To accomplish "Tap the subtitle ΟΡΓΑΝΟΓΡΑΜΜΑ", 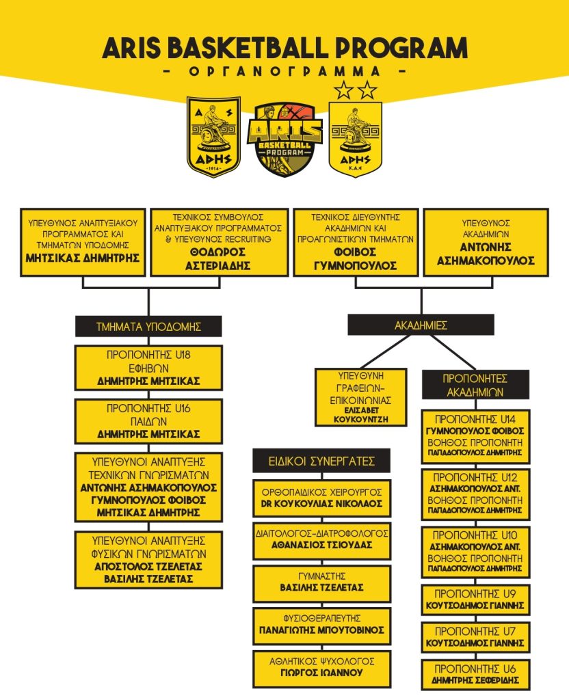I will (x=285, y=71).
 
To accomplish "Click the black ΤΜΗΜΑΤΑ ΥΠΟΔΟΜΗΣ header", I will (x=148, y=326).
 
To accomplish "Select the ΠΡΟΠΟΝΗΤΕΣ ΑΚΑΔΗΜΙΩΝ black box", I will (x=475, y=385).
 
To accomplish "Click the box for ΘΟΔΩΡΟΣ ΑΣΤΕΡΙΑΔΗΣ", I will (x=219, y=242).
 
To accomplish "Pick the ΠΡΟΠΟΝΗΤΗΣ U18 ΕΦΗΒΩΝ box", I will (x=148, y=368).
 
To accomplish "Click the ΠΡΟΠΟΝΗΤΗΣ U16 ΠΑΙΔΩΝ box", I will (x=148, y=421).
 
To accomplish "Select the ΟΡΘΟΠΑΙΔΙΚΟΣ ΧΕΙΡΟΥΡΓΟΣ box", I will (x=321, y=498).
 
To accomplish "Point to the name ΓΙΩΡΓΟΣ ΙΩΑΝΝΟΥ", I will (x=321, y=673).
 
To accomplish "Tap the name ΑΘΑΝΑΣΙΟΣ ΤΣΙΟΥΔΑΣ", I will (x=321, y=545).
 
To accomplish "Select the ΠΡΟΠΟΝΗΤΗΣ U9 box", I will (x=475, y=600).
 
